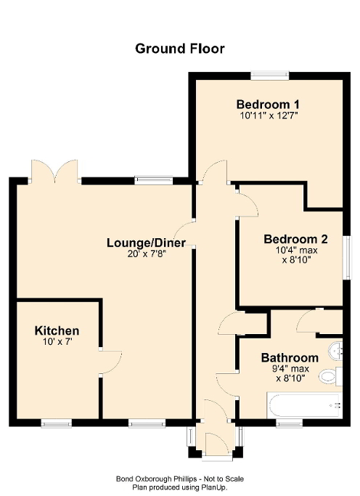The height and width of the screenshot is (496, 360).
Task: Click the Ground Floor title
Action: click(x=180, y=49)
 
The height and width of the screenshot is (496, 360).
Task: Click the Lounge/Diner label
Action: click(x=146, y=243)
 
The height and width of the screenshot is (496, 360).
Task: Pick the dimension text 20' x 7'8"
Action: click(x=146, y=254)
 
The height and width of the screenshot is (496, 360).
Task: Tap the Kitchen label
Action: click(x=57, y=330)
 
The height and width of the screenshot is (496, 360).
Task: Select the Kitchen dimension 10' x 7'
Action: click(x=57, y=342)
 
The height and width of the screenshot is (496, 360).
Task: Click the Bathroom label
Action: click(x=290, y=358)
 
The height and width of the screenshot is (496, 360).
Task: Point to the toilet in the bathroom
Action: click(x=330, y=375)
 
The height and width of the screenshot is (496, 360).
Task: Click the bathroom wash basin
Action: click(x=336, y=351)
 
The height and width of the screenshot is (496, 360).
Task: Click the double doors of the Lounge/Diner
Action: click(x=56, y=171)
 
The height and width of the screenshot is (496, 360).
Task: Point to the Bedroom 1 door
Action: click(x=214, y=174)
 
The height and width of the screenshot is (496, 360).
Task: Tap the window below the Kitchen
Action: click(x=56, y=422)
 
